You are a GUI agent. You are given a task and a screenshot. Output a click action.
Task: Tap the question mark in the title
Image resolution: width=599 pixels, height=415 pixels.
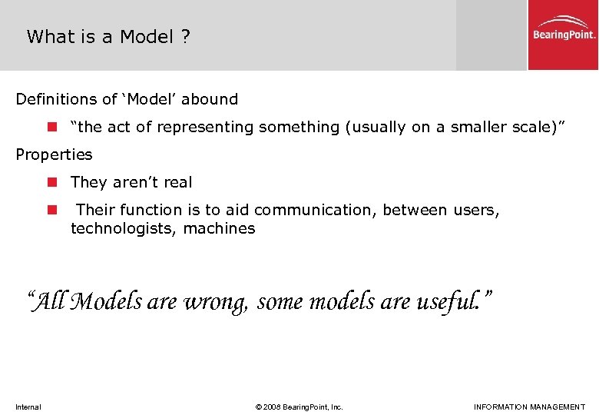pyautogui.click(x=186, y=37)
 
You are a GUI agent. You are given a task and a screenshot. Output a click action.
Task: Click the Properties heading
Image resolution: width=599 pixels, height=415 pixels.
pyautogui.click(x=54, y=154)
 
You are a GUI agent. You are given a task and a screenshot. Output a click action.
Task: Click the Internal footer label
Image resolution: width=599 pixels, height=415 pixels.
pyautogui.click(x=28, y=407)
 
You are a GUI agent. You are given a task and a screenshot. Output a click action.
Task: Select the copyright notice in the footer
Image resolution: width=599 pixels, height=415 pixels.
pyautogui.click(x=299, y=407)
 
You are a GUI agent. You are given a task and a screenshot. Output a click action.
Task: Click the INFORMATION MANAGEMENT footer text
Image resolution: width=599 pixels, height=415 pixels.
pyautogui.click(x=529, y=407)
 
